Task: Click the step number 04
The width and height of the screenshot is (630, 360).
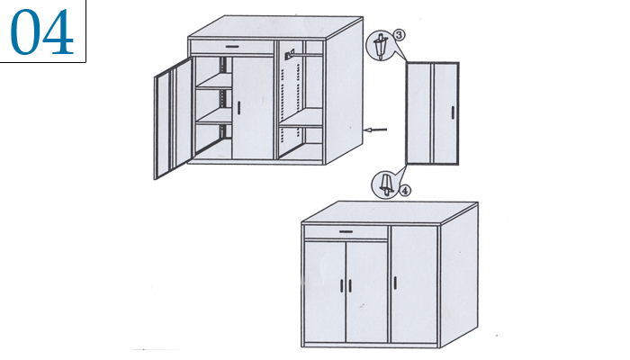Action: coord(41,31)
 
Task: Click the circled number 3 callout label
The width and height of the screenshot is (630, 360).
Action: coord(399,35)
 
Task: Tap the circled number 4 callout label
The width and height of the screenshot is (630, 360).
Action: coord(405,191)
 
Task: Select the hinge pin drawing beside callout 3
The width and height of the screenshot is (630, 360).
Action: coord(380,46)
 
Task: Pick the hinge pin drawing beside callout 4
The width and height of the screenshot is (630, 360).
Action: coord(386,184)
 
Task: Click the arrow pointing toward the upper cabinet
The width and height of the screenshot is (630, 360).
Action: coord(375,130)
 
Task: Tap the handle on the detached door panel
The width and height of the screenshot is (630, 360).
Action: coord(453,112)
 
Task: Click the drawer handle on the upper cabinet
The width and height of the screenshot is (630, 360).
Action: coord(232,47)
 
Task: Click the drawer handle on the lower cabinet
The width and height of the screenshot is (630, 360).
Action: coord(346,231)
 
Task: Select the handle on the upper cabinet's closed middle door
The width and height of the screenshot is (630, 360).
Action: coord(238,108)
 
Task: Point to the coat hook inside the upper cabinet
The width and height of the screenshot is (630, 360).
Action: coord(290,54)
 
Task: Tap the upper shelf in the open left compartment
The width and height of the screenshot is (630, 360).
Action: coord(214,83)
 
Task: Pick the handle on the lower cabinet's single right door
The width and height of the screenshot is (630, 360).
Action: coord(395,283)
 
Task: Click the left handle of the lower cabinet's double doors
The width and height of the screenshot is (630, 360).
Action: coord(341,285)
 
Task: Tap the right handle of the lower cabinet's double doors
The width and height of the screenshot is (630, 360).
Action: coord(350,285)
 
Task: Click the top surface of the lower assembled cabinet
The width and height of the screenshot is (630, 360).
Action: coord(390,212)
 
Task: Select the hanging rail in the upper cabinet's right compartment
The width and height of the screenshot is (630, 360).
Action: coord(309,53)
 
